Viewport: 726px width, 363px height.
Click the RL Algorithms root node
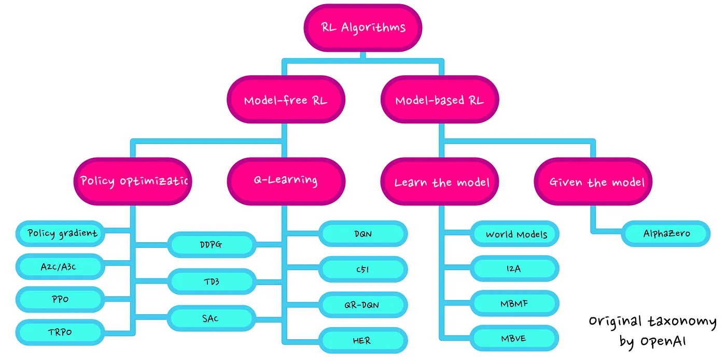[362, 28]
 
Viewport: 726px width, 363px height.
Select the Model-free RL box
[286, 100]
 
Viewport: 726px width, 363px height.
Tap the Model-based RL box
[440, 100]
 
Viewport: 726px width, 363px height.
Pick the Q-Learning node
[286, 181]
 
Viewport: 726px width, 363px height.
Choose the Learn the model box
[440, 181]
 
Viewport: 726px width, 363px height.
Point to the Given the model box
[593, 181]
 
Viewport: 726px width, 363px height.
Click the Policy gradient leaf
[60, 233]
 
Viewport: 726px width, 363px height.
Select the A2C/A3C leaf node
[60, 267]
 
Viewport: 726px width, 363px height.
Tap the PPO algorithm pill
[60, 300]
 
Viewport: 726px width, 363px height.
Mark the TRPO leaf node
[60, 332]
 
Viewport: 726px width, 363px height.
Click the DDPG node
[212, 245]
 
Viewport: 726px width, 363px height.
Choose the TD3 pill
[212, 281]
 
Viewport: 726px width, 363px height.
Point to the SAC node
[212, 318]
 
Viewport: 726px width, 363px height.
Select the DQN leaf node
[363, 234]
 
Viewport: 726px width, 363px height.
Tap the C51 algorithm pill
[363, 269]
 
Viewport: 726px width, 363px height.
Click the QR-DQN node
[363, 305]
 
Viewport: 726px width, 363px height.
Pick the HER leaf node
[363, 340]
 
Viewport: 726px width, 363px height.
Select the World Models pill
[514, 234]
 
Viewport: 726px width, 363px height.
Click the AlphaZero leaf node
[666, 234]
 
